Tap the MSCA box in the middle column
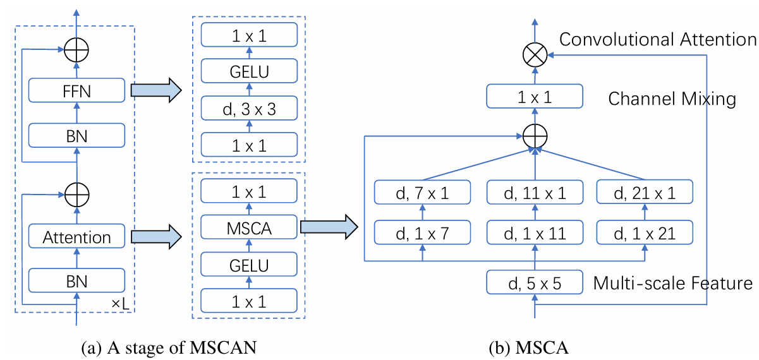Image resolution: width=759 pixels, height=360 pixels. point(248,229)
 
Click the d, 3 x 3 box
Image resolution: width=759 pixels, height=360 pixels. point(248,109)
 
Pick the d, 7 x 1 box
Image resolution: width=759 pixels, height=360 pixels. point(423,192)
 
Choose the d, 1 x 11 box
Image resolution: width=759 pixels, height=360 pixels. point(535,233)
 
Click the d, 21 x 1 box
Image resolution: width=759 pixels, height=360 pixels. point(645,192)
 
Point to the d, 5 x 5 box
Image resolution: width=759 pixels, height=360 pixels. point(535,282)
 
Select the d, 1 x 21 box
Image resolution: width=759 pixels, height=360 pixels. point(645,233)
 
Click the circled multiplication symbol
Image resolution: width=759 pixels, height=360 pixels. point(535,55)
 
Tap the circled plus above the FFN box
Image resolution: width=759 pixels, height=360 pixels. point(76,49)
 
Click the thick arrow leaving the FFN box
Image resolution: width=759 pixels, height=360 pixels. point(154,91)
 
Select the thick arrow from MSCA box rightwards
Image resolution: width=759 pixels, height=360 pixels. point(325,228)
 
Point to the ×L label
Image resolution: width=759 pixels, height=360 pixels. point(121,304)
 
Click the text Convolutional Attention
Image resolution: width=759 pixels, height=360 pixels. point(657,39)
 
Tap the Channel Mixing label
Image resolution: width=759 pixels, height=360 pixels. point(672,99)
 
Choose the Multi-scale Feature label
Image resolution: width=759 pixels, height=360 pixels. point(672,283)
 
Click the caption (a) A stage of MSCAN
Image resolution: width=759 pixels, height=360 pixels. point(169,346)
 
